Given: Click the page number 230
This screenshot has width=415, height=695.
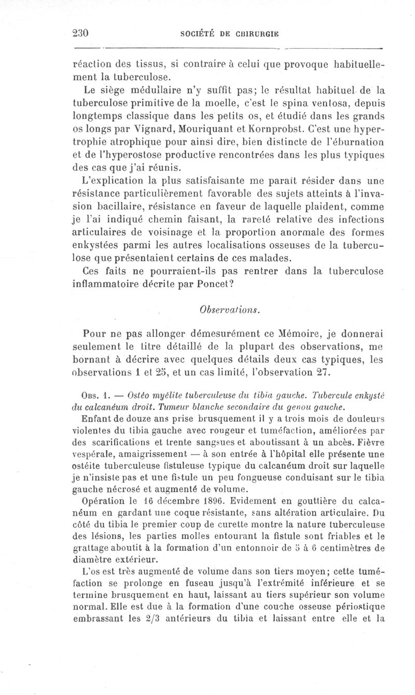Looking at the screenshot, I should point(82,33).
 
